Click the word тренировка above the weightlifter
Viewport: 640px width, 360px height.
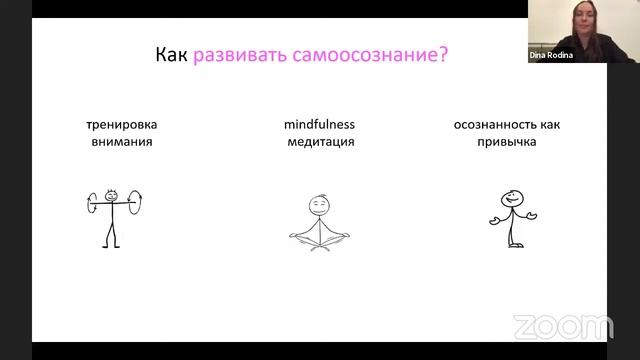pyautogui.click(x=120, y=125)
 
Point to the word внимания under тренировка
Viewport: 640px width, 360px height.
pyautogui.click(x=120, y=142)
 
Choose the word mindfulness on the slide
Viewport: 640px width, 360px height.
pyautogui.click(x=319, y=125)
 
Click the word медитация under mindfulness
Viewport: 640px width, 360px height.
pyautogui.click(x=319, y=142)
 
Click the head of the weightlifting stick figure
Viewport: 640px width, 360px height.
pyautogui.click(x=111, y=196)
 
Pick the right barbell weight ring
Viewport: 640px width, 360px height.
pyautogui.click(x=134, y=206)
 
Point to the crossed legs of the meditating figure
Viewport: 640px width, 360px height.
pyautogui.click(x=319, y=239)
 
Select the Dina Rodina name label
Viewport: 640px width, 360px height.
pyautogui.click(x=552, y=56)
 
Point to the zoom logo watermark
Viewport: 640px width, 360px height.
pyautogui.click(x=562, y=327)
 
